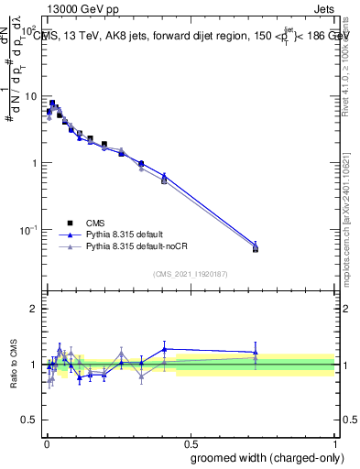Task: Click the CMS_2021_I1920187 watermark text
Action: pyautogui.click(x=190, y=274)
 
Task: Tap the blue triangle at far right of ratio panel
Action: pyautogui.click(x=256, y=352)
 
